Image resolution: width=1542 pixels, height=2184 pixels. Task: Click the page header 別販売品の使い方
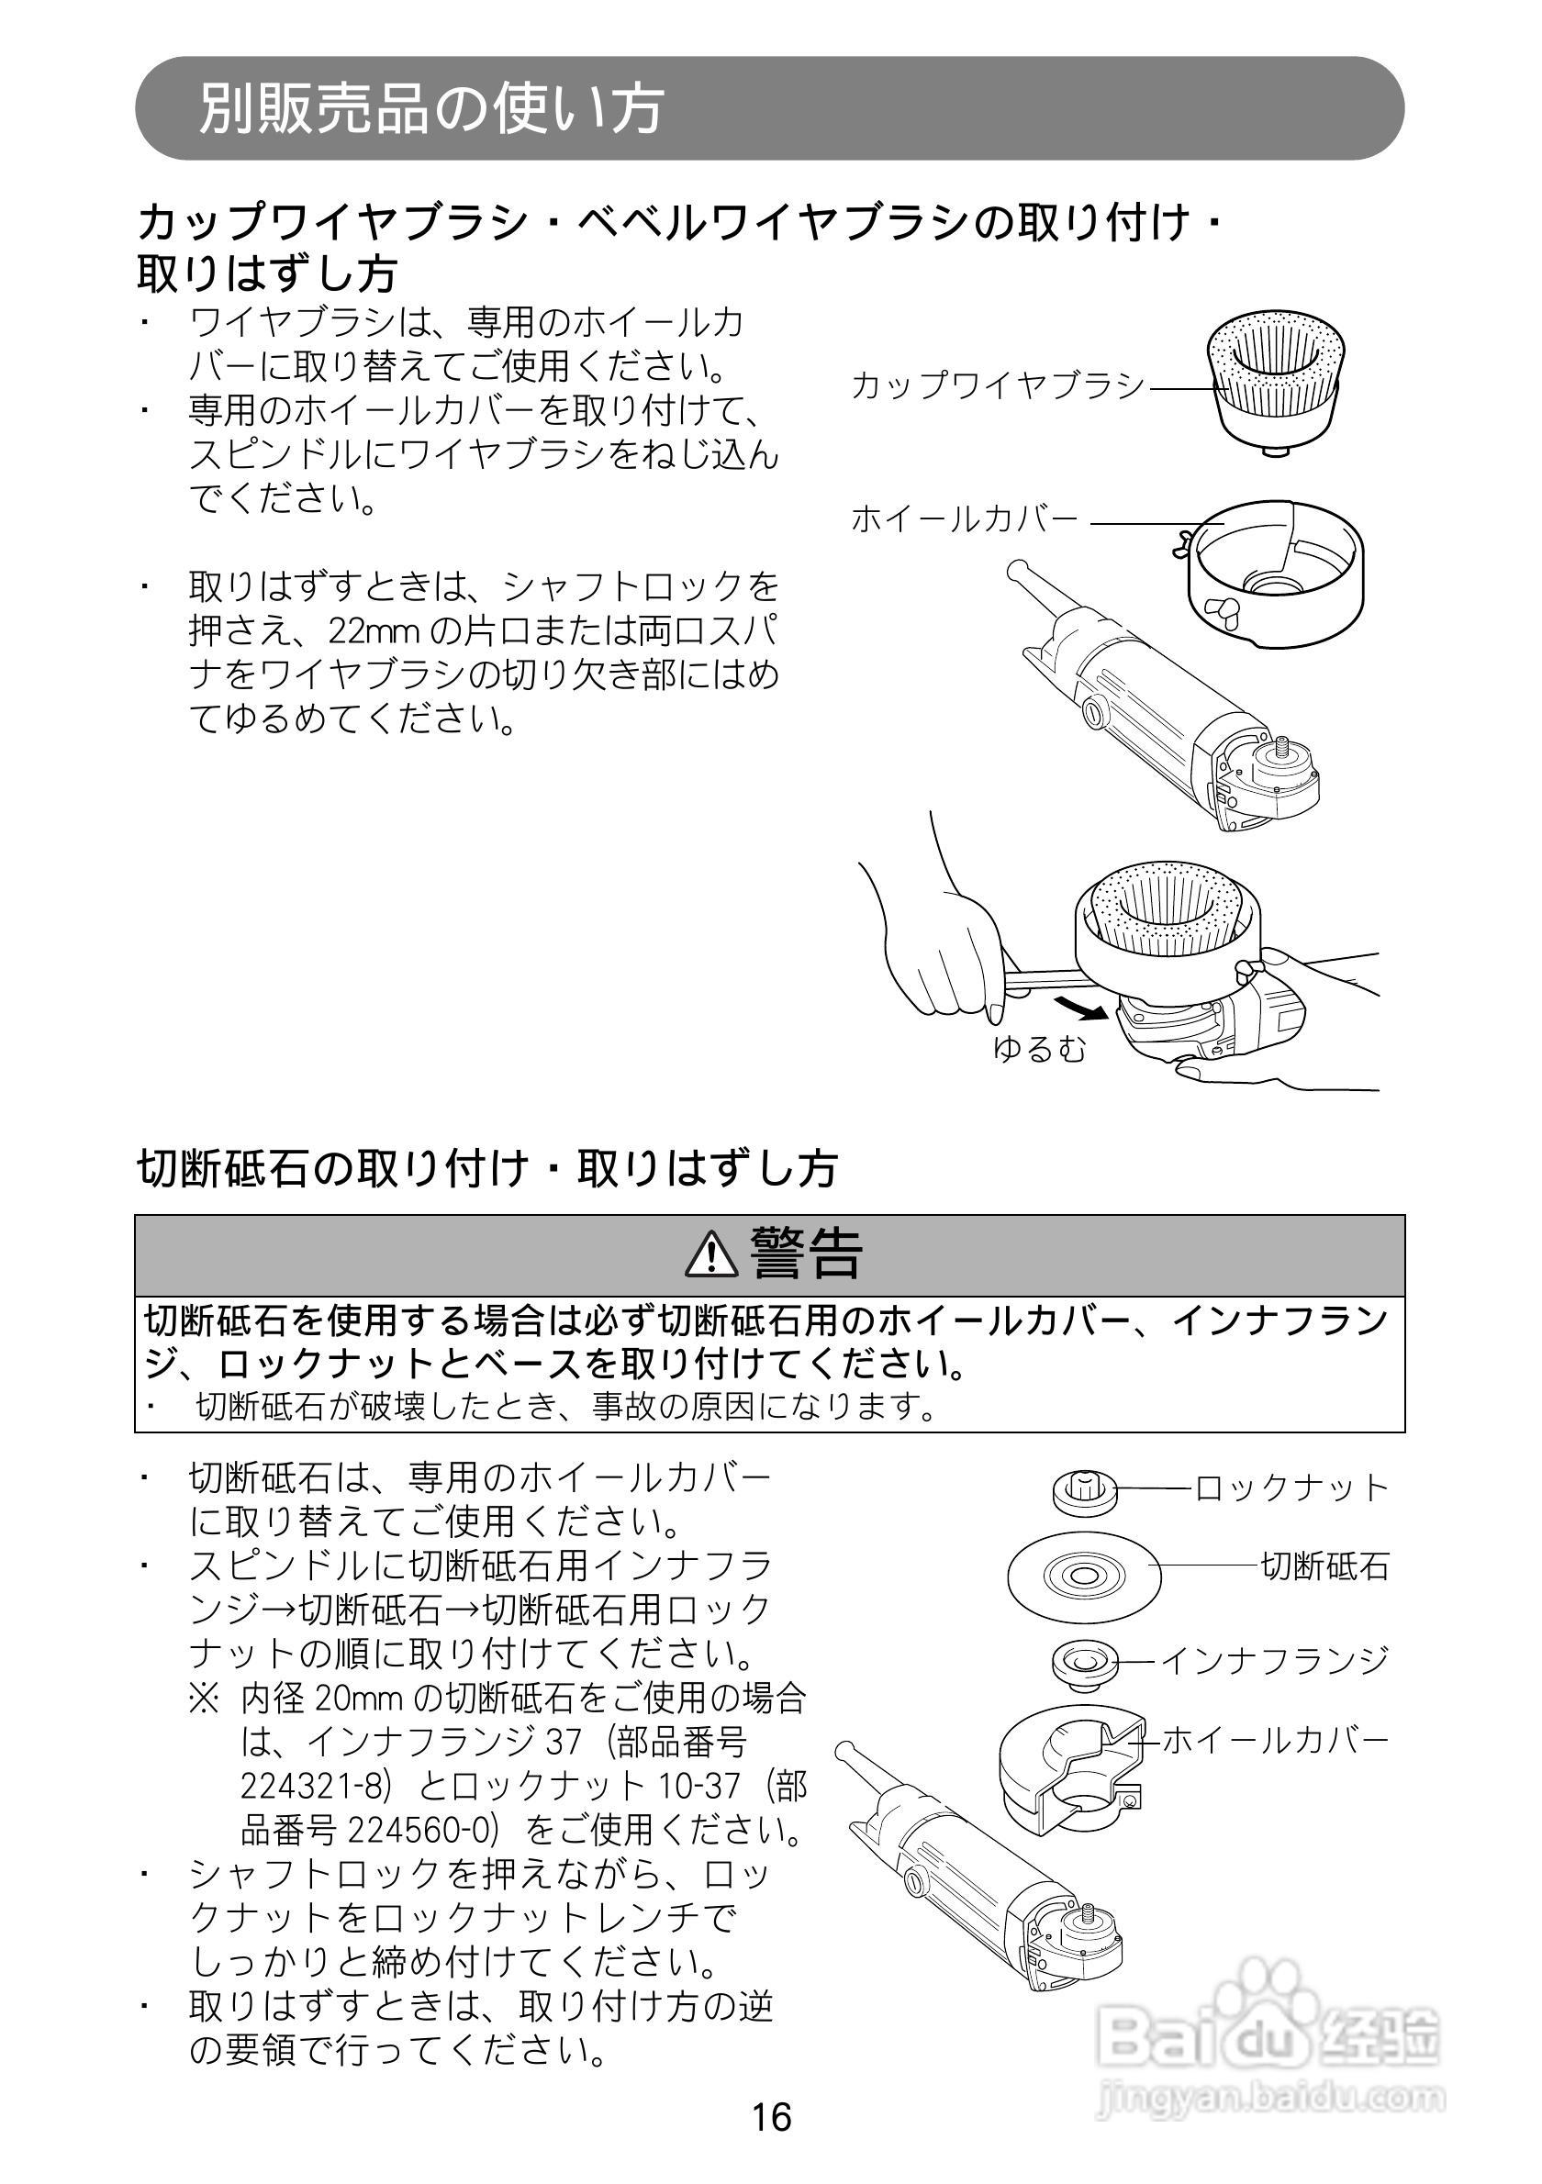pyautogui.click(x=430, y=107)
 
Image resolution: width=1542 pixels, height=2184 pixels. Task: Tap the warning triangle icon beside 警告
pyautogui.click(x=711, y=1254)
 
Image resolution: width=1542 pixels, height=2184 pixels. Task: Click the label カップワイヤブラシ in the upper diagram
pyautogui.click(x=998, y=385)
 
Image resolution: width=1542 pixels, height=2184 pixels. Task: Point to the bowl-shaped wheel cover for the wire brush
pyautogui.click(x=1277, y=569)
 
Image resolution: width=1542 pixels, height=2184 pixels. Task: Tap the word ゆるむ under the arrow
pyautogui.click(x=1039, y=1048)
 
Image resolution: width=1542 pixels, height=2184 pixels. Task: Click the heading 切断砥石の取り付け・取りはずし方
pyautogui.click(x=486, y=1168)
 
